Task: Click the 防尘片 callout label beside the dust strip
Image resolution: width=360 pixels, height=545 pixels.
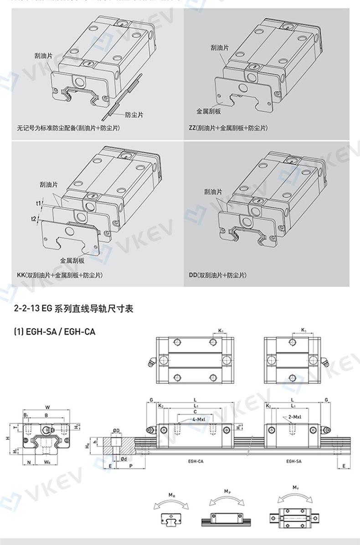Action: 134,115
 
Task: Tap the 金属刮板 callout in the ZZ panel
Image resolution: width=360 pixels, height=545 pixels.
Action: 208,111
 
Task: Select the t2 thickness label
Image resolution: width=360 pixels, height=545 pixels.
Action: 34,219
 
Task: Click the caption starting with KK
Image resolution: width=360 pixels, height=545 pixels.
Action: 60,275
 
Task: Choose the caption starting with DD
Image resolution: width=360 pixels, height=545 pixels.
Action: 217,275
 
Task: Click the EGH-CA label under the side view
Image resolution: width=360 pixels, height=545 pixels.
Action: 195,461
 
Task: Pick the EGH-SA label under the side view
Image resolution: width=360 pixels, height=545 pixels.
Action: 293,461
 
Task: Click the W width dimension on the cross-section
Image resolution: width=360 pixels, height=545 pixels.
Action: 48,407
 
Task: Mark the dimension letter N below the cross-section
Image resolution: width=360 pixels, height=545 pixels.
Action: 29,462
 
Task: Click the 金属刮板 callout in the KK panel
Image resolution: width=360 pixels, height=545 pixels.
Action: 72,261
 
